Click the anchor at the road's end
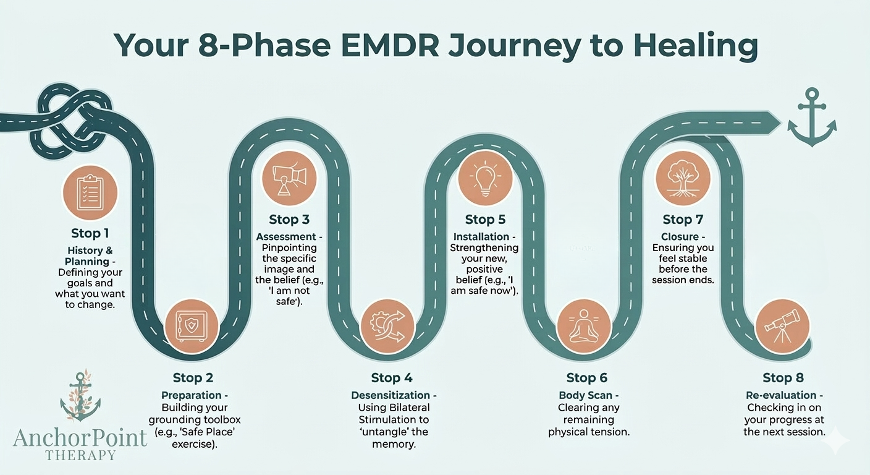[x=811, y=120]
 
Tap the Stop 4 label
[x=392, y=378]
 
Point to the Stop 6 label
[x=587, y=378]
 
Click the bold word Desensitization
[x=390, y=395]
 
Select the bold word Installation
[x=481, y=237]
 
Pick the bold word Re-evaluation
[x=782, y=395]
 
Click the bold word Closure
[x=679, y=237]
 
